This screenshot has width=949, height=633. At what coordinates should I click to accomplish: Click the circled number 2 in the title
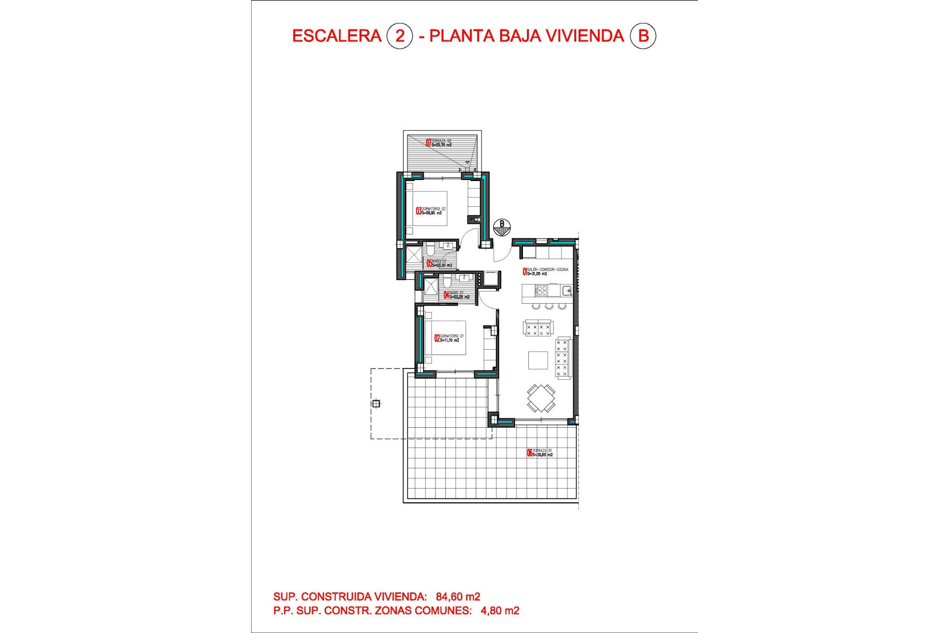399,36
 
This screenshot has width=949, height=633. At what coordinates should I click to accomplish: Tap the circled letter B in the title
643,36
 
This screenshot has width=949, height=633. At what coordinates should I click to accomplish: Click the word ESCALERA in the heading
337,36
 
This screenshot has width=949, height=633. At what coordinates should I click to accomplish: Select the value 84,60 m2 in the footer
458,597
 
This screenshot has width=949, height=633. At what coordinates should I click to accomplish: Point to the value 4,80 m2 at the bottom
500,611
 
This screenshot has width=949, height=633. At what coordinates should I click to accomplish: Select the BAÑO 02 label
439,263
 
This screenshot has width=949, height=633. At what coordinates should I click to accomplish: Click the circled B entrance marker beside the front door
502,227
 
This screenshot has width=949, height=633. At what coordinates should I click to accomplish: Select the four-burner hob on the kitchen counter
542,290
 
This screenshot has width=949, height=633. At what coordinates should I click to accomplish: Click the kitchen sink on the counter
566,290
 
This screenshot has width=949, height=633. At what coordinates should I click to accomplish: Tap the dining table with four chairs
541,398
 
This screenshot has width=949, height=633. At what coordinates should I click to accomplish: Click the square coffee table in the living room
538,360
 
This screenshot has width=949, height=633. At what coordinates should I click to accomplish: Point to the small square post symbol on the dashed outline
376,404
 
